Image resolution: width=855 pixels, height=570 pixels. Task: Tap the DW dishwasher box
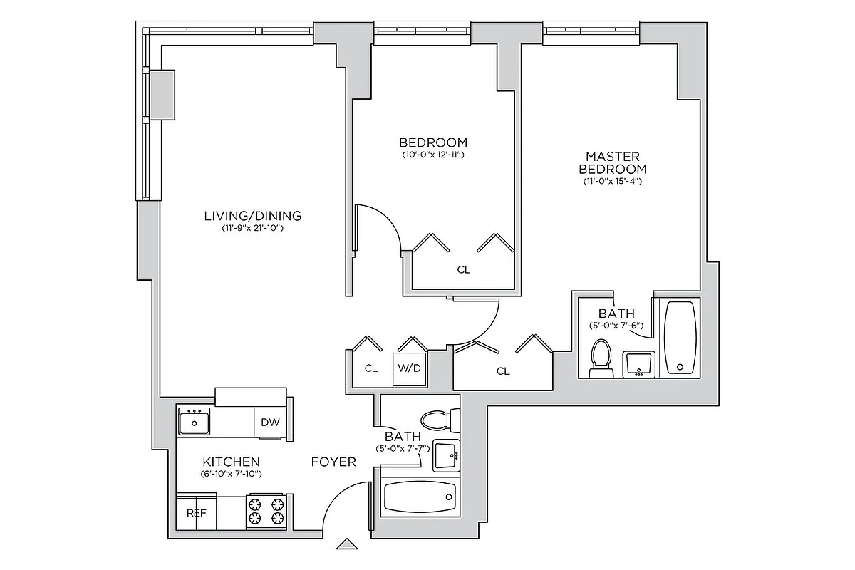pyautogui.click(x=270, y=422)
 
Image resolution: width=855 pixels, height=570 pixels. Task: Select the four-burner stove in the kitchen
pyautogui.click(x=266, y=512)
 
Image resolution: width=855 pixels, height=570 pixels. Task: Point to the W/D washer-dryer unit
pyautogui.click(x=409, y=369)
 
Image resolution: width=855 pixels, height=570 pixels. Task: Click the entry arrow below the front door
pyautogui.click(x=347, y=544)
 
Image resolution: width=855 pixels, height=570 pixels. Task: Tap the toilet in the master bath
pyautogui.click(x=602, y=357)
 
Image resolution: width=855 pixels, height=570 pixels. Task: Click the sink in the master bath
pyautogui.click(x=638, y=363)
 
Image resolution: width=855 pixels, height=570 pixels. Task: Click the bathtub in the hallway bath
pyautogui.click(x=420, y=497)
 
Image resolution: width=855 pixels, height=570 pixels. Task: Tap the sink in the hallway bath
pyautogui.click(x=445, y=455)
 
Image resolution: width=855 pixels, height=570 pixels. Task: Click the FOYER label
pyautogui.click(x=333, y=462)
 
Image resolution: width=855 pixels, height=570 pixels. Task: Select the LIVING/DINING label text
pyautogui.click(x=252, y=215)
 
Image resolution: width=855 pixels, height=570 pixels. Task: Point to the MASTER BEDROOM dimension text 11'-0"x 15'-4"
pyautogui.click(x=612, y=182)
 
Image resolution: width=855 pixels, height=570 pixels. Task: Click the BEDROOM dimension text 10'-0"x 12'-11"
pyautogui.click(x=432, y=154)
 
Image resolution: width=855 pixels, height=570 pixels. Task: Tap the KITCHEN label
pyautogui.click(x=231, y=462)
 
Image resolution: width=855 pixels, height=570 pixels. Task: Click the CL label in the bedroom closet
pyautogui.click(x=464, y=270)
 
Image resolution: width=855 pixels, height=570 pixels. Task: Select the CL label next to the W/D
pyautogui.click(x=370, y=368)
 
